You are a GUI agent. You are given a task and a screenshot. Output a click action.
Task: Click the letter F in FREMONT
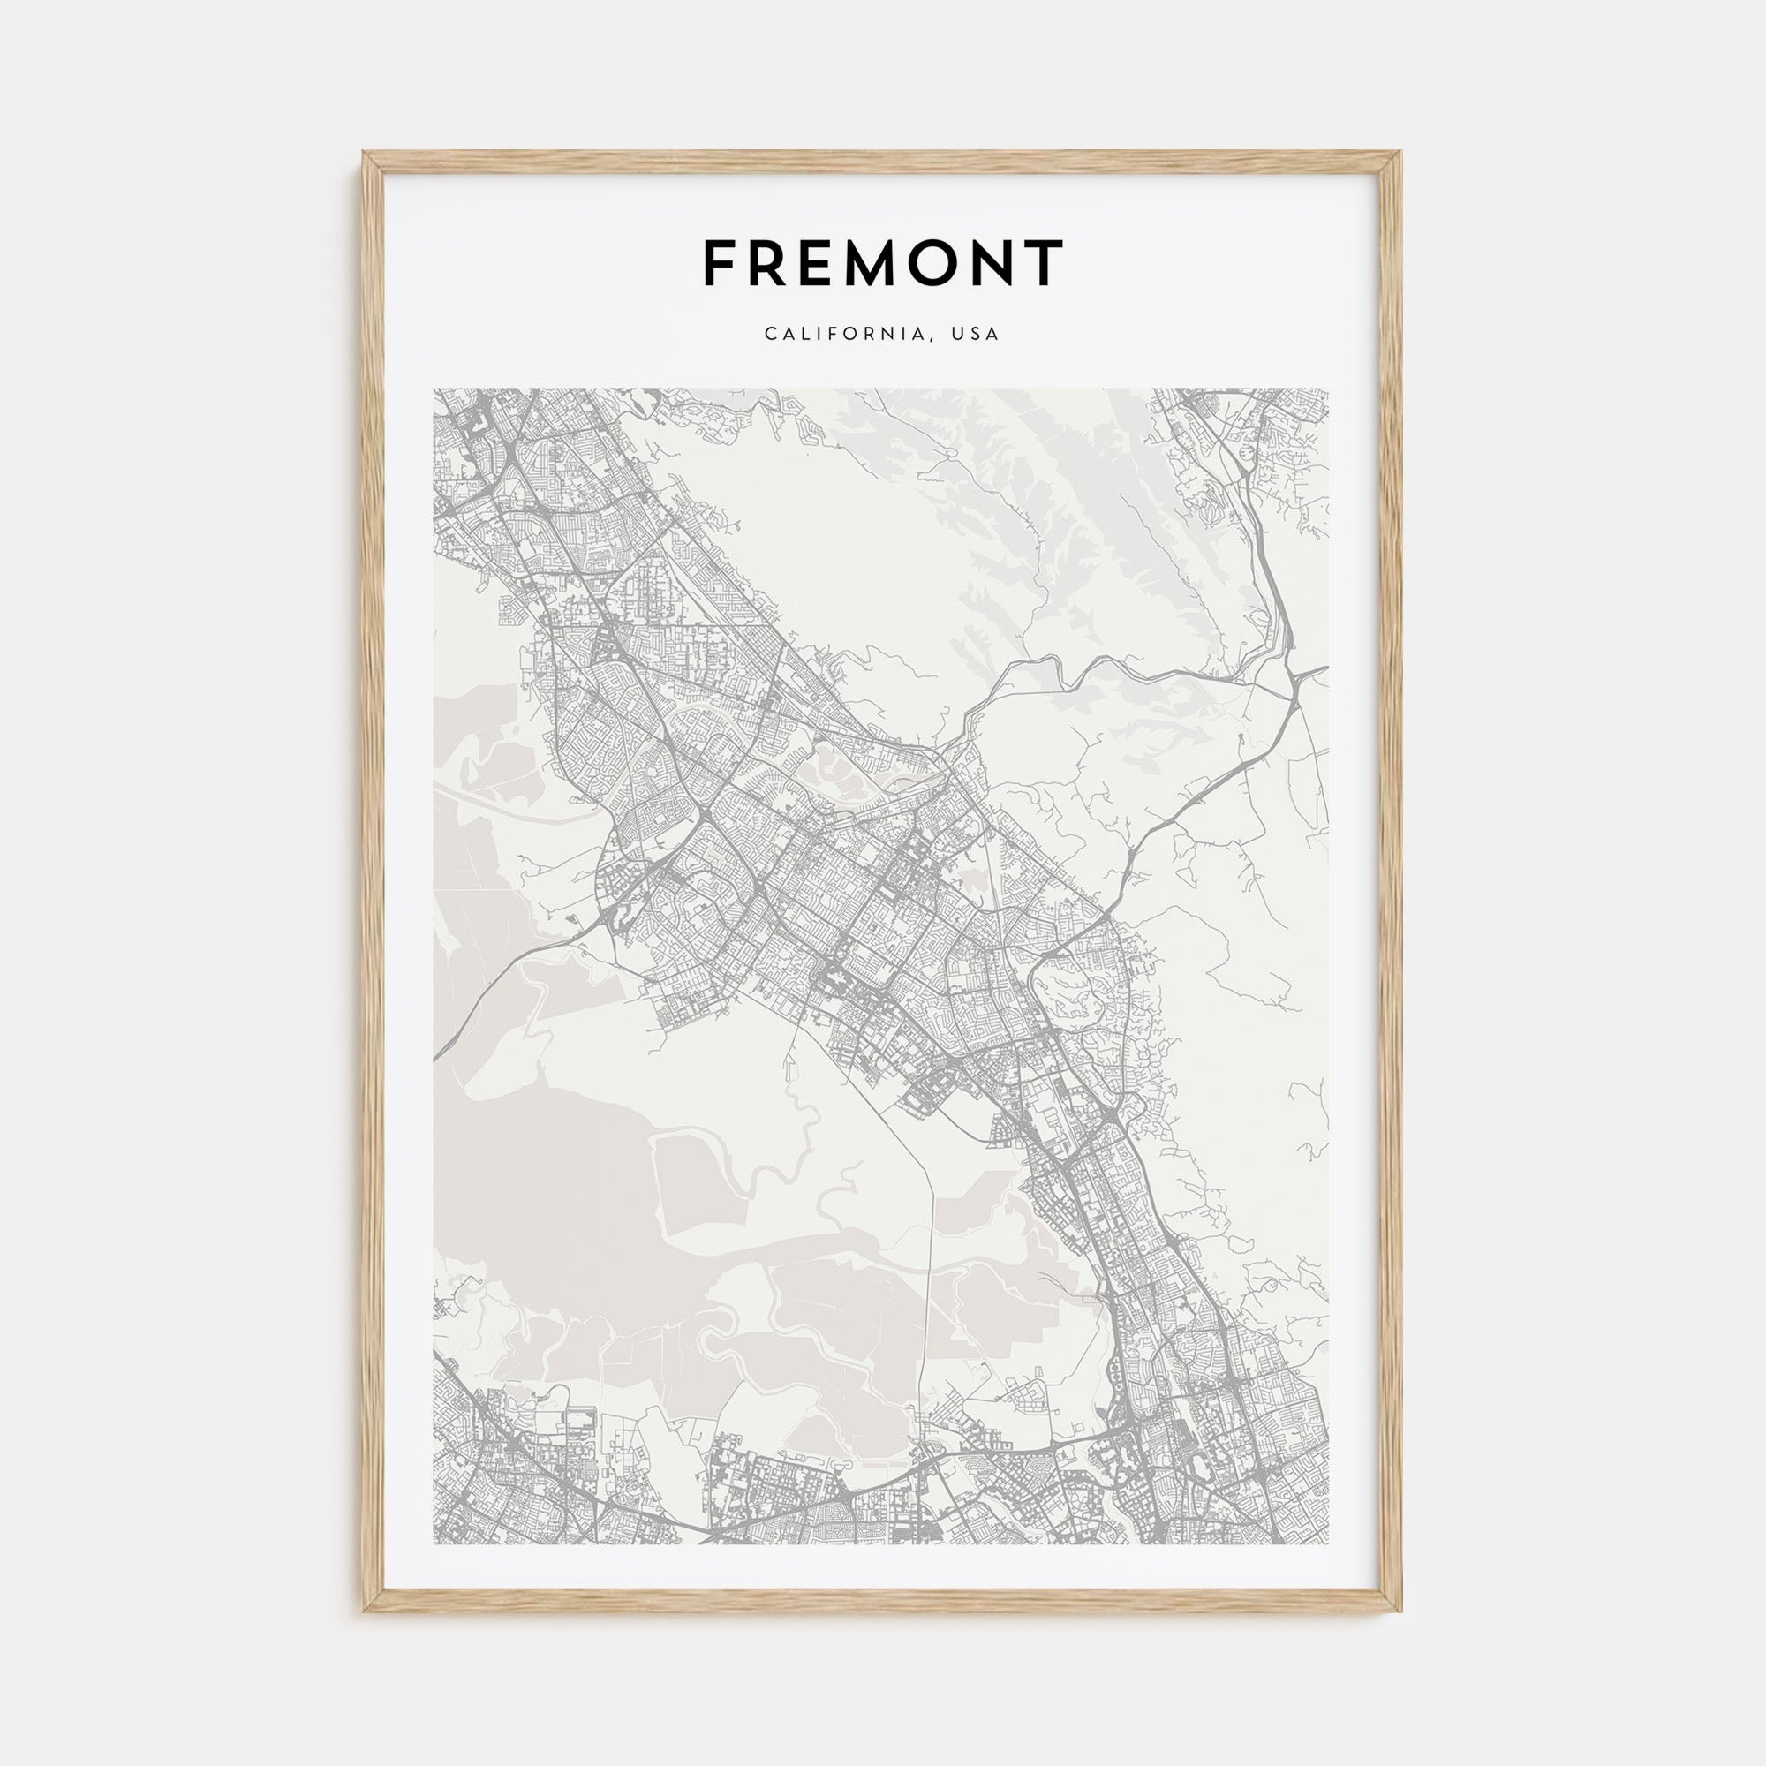point(720,263)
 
